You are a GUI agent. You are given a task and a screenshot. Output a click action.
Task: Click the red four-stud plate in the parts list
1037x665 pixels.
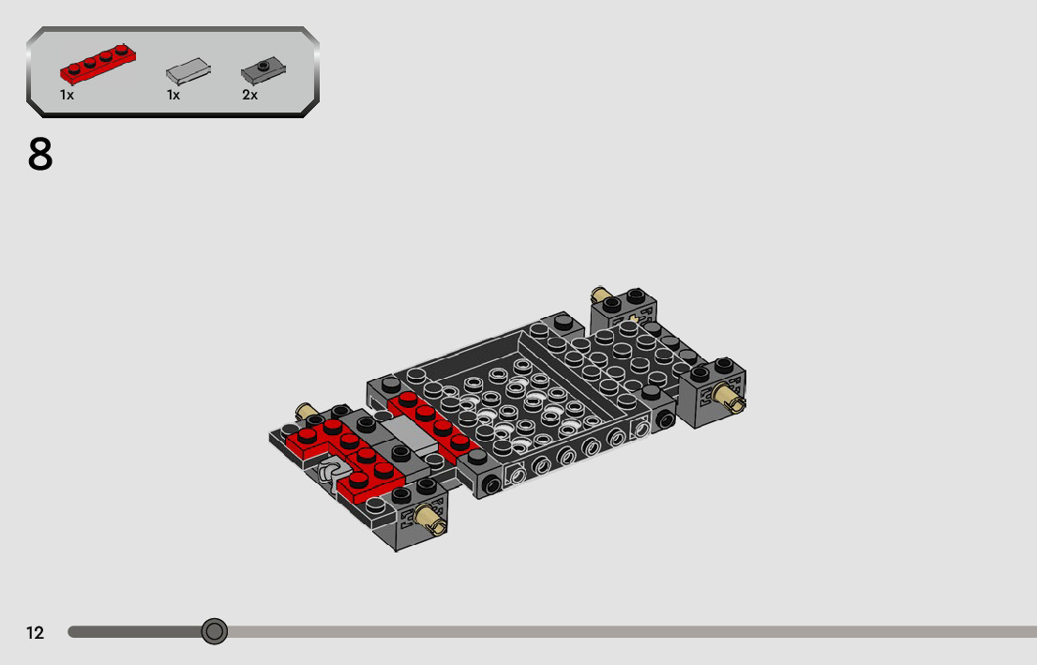(x=98, y=63)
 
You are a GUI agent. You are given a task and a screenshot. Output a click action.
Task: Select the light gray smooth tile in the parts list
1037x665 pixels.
(x=188, y=70)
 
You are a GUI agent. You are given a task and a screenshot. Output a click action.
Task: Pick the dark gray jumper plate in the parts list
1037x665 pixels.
(x=263, y=69)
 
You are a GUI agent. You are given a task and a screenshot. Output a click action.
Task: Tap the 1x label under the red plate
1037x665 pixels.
(x=67, y=96)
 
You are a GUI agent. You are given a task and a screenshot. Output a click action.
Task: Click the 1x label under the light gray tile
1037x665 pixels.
(x=173, y=96)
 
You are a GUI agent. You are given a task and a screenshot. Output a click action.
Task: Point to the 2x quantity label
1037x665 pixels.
(x=250, y=96)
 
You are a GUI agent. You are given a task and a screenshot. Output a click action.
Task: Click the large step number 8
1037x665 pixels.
(x=40, y=155)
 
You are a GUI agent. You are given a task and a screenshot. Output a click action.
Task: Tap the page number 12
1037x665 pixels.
(x=35, y=632)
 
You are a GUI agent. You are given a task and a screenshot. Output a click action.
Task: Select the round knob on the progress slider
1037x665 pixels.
(x=215, y=631)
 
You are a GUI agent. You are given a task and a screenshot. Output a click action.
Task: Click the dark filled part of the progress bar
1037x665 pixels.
(x=135, y=632)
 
